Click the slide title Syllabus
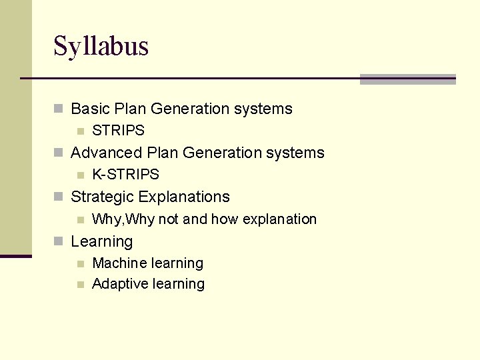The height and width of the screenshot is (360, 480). point(101,47)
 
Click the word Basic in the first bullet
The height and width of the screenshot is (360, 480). point(88,109)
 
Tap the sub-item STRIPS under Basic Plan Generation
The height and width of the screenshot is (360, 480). point(118,131)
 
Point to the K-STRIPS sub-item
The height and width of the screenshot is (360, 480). point(125,175)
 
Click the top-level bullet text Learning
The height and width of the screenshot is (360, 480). point(101,241)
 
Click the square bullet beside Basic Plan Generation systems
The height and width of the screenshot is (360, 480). point(59,109)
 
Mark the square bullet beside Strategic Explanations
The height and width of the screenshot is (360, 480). point(59,197)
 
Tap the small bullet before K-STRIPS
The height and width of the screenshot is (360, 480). point(80,175)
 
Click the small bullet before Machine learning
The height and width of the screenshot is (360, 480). point(80,264)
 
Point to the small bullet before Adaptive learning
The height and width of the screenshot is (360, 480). point(80,285)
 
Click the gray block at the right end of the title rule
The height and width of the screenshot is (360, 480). point(407,79)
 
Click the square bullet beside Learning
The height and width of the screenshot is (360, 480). point(59,241)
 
